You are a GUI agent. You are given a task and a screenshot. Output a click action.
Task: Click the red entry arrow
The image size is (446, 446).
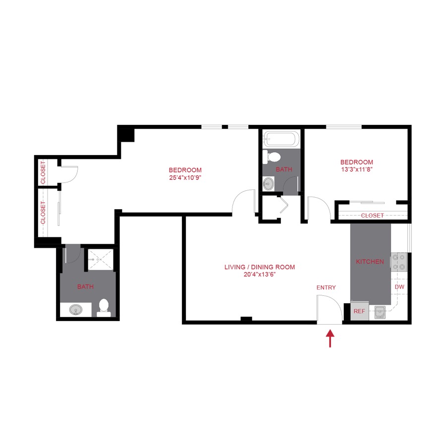point(330,339)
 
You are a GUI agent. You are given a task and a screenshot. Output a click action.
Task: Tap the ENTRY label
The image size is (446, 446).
point(326,287)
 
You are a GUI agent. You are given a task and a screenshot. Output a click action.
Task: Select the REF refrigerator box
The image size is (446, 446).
point(359,311)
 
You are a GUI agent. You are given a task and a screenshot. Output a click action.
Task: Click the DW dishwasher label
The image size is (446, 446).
point(399,287)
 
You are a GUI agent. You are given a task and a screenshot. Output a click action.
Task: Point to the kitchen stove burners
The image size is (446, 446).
point(399,262)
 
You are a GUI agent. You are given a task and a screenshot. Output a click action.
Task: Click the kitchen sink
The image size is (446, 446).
point(380,312)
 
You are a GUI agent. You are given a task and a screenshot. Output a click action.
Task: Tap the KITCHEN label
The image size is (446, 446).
point(370,261)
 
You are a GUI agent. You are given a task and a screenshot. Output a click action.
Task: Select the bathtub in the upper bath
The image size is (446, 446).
point(281,139)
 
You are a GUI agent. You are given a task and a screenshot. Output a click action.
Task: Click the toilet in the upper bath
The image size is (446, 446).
point(272,157)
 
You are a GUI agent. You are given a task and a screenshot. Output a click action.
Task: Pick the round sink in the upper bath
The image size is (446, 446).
point(268,183)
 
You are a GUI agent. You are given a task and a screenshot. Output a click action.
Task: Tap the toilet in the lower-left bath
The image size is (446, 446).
point(104,307)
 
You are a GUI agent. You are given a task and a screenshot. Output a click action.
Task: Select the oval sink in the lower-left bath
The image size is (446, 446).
point(76,310)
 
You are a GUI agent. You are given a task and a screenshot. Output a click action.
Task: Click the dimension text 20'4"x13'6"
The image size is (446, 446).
point(259,275)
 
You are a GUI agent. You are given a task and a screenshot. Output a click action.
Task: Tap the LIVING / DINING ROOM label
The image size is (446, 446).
point(259,267)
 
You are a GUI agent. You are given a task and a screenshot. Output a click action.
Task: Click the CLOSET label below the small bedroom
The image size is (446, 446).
point(372,216)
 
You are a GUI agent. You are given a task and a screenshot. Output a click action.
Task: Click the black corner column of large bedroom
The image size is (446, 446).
point(126,134)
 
